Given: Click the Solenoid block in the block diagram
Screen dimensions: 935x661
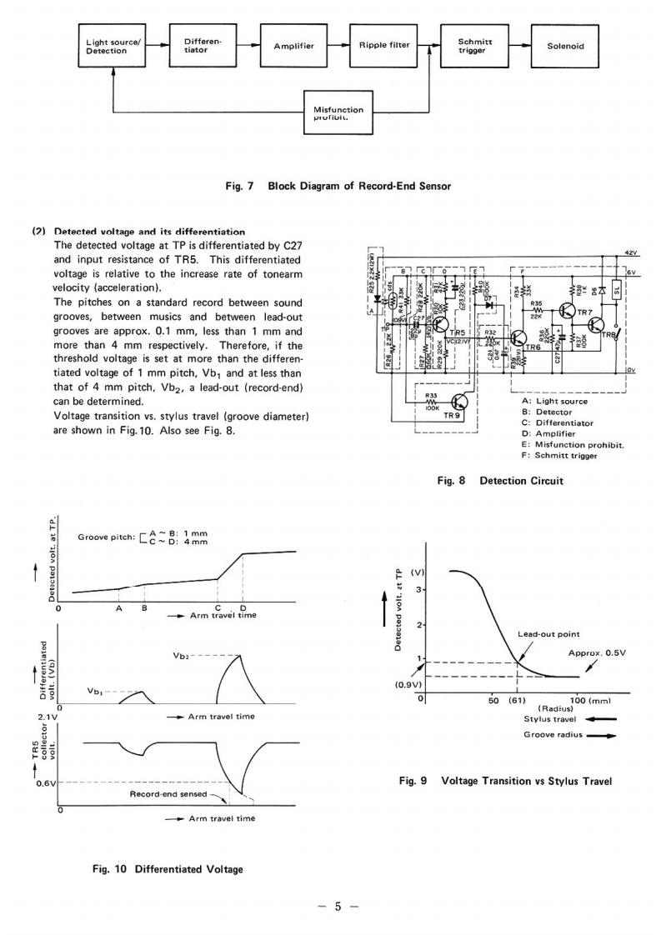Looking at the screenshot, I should coord(565,46).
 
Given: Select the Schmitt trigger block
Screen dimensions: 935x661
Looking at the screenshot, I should coord(475,46).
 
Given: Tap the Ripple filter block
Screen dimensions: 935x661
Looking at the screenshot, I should coord(384,46).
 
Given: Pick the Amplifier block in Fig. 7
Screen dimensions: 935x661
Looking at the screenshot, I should coord(293,46).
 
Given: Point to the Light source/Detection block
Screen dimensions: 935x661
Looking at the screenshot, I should coord(113,46).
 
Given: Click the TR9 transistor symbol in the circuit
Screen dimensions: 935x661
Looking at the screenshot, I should coord(458,403).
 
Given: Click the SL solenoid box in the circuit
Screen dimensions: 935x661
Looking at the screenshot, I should coord(617,291).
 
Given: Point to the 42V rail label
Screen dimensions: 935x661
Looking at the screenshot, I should coord(630,251).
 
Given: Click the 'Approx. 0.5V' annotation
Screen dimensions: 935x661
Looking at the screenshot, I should coord(596,652).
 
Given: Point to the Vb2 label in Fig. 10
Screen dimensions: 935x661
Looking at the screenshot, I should coord(183,656).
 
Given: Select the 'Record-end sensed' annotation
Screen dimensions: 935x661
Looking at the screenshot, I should coord(168,794).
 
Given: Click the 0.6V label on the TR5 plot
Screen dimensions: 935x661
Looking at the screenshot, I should coord(46,782).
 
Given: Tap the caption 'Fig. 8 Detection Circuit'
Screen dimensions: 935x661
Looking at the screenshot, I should coord(488,481).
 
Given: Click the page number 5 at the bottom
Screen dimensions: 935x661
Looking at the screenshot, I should coord(338,907).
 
